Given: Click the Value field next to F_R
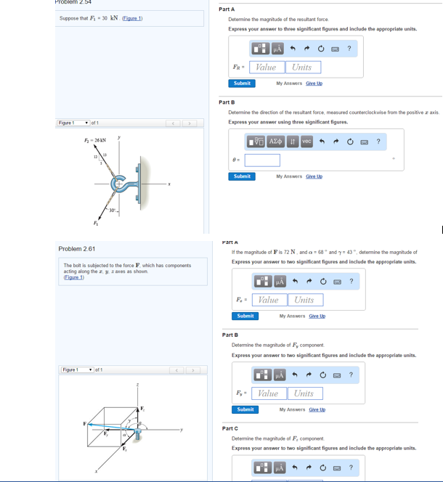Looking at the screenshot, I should click(x=267, y=68).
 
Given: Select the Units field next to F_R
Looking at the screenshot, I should click(x=301, y=68).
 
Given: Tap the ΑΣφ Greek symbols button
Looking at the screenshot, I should click(x=276, y=142).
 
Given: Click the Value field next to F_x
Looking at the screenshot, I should click(x=269, y=300).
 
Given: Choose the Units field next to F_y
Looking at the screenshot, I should click(x=304, y=393).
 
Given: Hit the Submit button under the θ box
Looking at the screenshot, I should click(x=242, y=176).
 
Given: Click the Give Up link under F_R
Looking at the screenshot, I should click(x=314, y=83).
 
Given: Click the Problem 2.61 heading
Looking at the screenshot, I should click(x=77, y=249).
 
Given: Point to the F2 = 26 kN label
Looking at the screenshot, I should click(x=94, y=140).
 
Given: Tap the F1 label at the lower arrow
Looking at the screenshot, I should click(x=94, y=222).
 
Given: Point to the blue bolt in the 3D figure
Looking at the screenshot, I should click(x=137, y=436).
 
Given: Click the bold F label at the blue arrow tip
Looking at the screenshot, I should click(x=85, y=423).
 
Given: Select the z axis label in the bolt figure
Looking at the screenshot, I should click(x=138, y=385).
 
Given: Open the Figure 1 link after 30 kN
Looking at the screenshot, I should click(x=132, y=17).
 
